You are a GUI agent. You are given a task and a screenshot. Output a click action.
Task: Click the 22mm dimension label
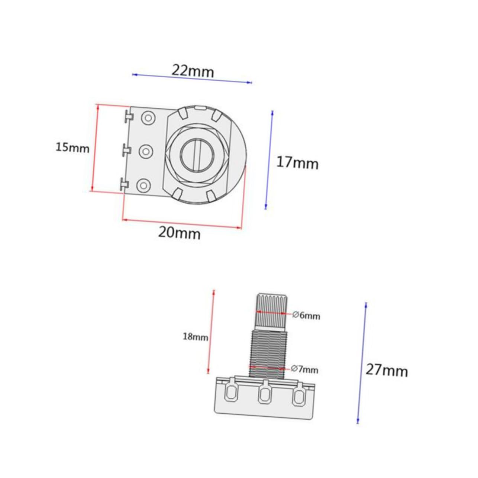(x=193, y=70)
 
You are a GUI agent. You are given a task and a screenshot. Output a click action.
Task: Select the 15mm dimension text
(x=72, y=148)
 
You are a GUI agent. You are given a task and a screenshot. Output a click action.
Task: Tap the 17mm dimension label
(x=297, y=163)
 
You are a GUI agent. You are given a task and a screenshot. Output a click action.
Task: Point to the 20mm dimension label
(x=179, y=233)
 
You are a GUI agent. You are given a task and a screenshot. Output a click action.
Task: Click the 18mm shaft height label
(x=195, y=337)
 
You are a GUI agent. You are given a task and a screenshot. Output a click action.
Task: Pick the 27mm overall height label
(x=387, y=370)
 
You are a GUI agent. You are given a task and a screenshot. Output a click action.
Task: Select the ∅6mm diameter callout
(x=306, y=316)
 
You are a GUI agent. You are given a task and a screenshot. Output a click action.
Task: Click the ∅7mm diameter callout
(x=304, y=369)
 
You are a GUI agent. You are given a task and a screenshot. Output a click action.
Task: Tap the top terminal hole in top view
(x=148, y=118)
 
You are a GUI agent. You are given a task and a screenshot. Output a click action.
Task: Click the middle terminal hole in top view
(x=146, y=151)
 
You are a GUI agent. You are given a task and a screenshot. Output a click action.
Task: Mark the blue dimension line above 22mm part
(x=192, y=78)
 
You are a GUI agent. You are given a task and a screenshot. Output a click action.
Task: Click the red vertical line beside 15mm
(x=94, y=148)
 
